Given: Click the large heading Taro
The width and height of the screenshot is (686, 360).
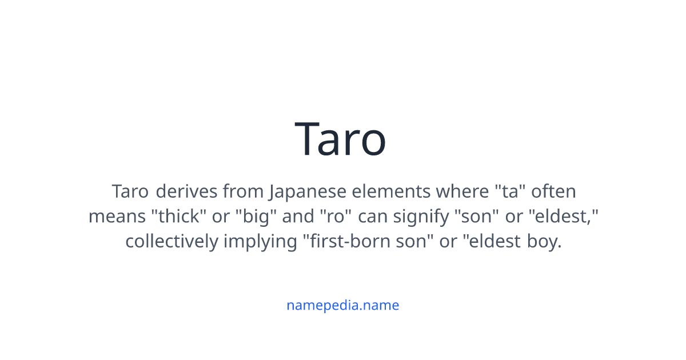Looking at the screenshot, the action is click(340, 139).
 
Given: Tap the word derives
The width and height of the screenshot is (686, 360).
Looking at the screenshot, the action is click(186, 191).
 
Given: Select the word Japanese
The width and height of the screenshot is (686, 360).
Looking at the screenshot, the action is click(308, 192).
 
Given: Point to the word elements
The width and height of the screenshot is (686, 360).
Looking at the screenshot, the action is click(391, 191).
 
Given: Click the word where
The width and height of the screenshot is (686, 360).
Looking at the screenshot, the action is click(462, 191).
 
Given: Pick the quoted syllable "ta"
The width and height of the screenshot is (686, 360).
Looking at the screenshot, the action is click(510, 191).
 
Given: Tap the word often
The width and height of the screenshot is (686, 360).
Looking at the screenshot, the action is click(553, 191).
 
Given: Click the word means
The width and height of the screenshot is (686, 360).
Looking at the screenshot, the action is click(117, 217).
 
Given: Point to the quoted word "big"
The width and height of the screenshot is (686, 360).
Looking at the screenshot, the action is click(256, 217).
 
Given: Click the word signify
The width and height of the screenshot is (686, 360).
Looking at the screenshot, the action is click(421, 217).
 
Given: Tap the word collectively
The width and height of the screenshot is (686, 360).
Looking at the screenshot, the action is click(172, 242).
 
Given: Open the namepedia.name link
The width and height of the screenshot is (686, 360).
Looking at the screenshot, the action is click(343, 306).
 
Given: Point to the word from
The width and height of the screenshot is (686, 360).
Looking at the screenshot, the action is click(243, 191).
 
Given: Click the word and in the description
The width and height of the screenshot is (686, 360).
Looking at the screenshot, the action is click(298, 216).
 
